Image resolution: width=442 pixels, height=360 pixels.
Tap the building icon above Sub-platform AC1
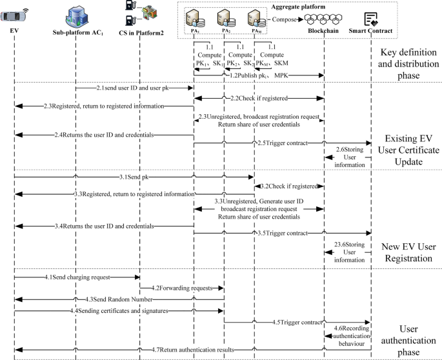pyautogui.click(x=76, y=14)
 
